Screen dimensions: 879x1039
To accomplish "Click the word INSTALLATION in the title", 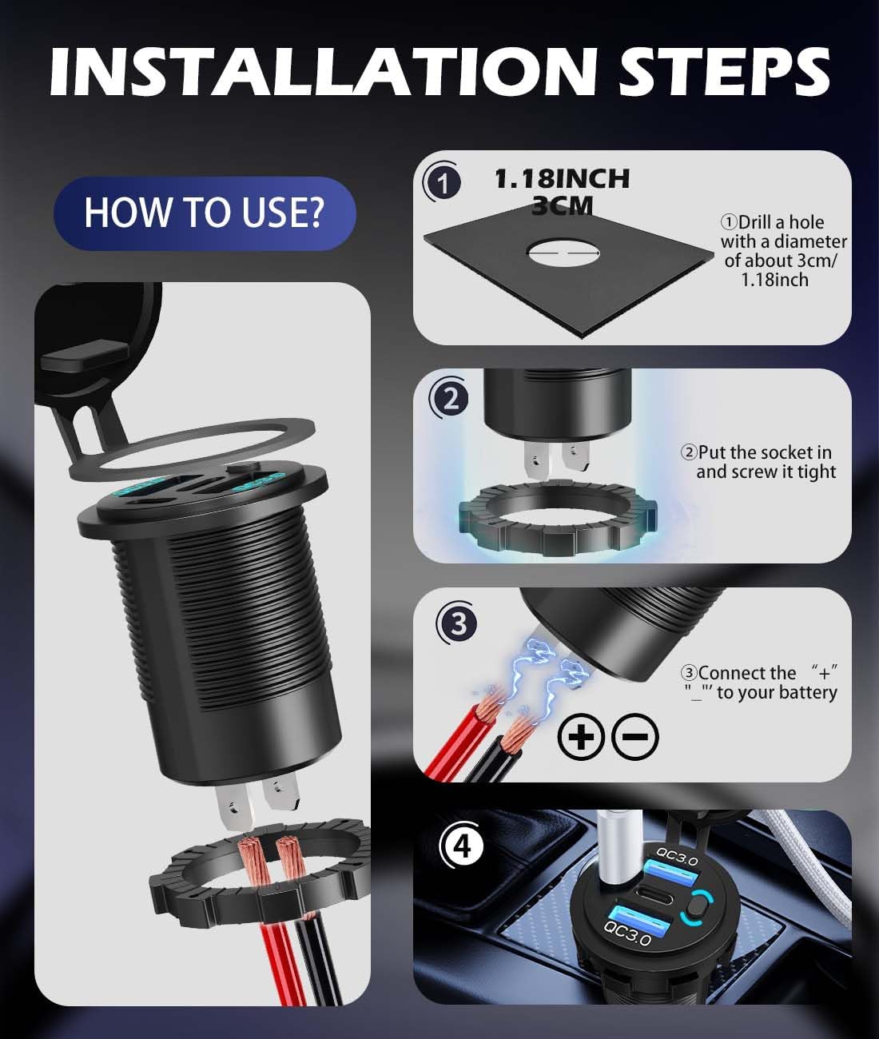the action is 322,71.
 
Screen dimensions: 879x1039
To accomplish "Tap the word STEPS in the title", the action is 724,71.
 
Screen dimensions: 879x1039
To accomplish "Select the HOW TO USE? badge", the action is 205,213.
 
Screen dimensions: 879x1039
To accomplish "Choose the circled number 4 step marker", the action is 461,846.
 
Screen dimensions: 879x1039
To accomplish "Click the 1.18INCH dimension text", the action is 562,179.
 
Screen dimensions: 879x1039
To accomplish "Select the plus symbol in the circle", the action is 581,737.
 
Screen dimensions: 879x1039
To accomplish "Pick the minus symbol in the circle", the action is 635,737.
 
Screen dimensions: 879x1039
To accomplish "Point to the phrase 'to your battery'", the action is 777,693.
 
